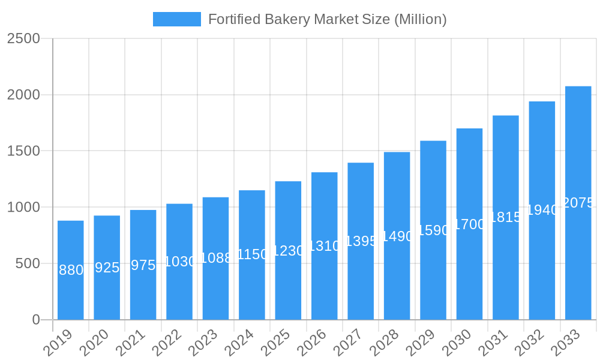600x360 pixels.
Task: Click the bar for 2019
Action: [x=71, y=294]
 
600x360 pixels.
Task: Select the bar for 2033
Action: [x=578, y=252]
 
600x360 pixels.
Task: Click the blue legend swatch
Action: [x=176, y=19]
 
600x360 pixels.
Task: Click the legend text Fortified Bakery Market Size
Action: [x=327, y=19]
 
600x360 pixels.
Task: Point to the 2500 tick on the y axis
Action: [x=23, y=39]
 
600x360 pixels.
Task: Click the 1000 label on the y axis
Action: [x=23, y=208]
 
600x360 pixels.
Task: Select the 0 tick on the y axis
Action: [x=36, y=320]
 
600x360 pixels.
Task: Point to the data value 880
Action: [x=71, y=271]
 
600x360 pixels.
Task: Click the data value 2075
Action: [x=578, y=203]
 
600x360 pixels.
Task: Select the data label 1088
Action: [x=215, y=258]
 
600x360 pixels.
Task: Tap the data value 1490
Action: [x=397, y=236]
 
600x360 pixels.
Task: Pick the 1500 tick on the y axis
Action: [x=23, y=151]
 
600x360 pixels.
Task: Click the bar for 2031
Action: [x=506, y=270]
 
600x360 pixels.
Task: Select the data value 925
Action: [x=107, y=268]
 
